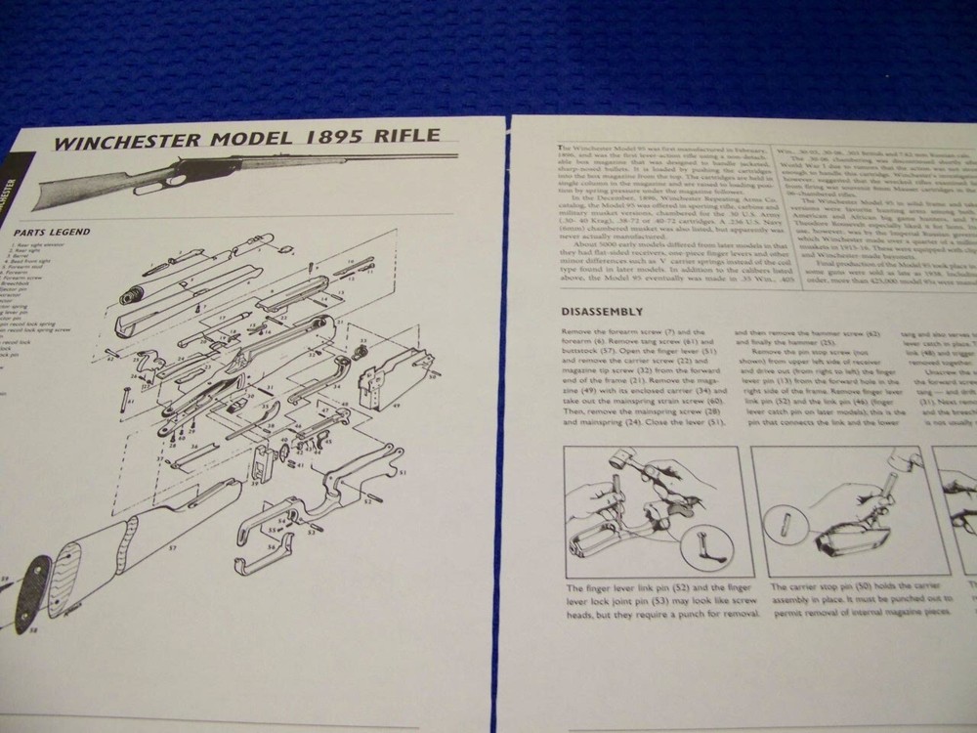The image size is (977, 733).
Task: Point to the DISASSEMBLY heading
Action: coord(602,313)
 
